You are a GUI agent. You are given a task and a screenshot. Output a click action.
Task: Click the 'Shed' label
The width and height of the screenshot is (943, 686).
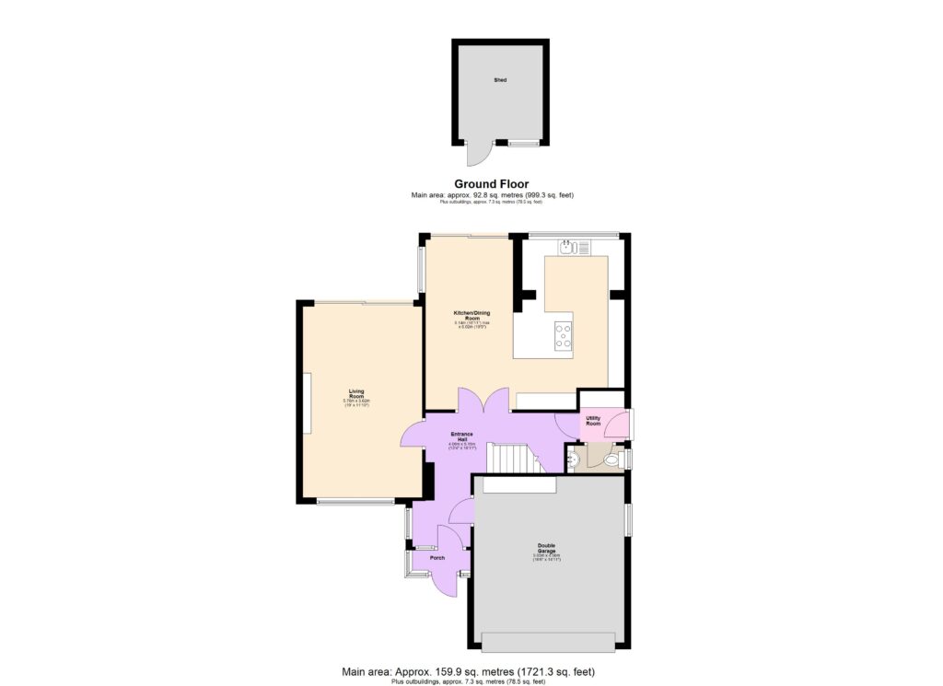(x=500, y=81)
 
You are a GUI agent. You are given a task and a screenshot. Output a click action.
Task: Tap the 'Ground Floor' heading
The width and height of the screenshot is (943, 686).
(x=491, y=184)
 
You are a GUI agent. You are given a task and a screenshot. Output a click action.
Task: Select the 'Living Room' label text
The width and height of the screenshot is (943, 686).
(x=356, y=393)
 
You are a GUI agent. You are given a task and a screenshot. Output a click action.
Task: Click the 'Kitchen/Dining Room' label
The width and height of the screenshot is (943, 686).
(x=467, y=315)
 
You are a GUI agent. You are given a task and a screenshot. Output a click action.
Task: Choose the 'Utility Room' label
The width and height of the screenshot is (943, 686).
(x=593, y=421)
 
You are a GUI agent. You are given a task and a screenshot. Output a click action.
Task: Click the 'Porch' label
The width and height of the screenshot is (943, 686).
(x=437, y=558)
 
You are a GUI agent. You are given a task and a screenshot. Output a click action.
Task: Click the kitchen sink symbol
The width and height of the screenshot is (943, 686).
(x=575, y=247)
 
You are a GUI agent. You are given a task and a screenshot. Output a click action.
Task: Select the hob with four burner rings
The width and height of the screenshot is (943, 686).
(x=562, y=335)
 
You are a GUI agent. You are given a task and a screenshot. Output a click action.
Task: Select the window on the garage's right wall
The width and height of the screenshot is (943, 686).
(x=629, y=519)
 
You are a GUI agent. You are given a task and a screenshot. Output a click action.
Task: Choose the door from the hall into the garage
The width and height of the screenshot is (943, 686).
(x=463, y=508)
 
